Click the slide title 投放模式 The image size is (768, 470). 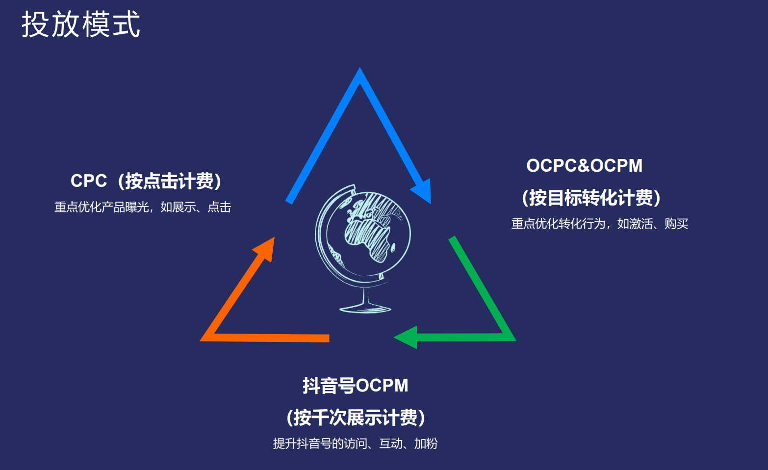81,24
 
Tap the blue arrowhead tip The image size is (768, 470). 431,204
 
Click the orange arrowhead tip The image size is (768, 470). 274,237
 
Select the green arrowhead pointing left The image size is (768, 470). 406,337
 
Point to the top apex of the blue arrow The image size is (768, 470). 359,68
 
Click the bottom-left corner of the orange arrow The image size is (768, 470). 200,340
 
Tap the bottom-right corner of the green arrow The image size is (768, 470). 515,340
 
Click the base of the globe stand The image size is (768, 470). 365,309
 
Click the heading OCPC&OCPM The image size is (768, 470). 584,166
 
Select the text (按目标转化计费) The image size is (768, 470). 591,198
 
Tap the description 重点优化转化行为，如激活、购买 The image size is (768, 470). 600,224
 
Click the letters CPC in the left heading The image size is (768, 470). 88,181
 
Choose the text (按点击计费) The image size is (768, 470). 169,181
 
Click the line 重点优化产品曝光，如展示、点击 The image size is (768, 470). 143,207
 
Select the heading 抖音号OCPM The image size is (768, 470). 355,385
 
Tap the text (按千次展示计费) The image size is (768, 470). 356,418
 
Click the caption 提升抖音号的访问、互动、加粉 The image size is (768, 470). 355,444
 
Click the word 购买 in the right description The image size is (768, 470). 676,224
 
